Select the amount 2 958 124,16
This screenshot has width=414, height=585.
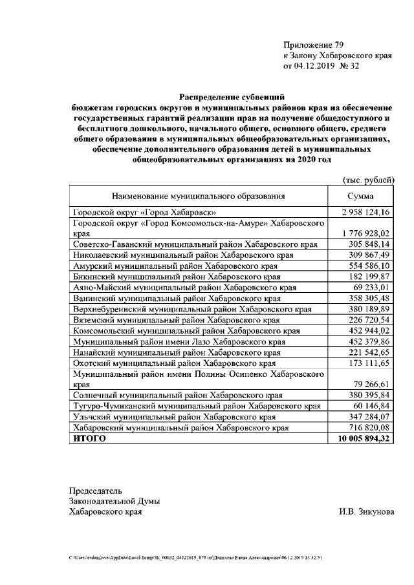pyautogui.click(x=365, y=212)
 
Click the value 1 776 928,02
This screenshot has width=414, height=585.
pyautogui.click(x=365, y=233)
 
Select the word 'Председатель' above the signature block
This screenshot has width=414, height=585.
pyautogui.click(x=96, y=490)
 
